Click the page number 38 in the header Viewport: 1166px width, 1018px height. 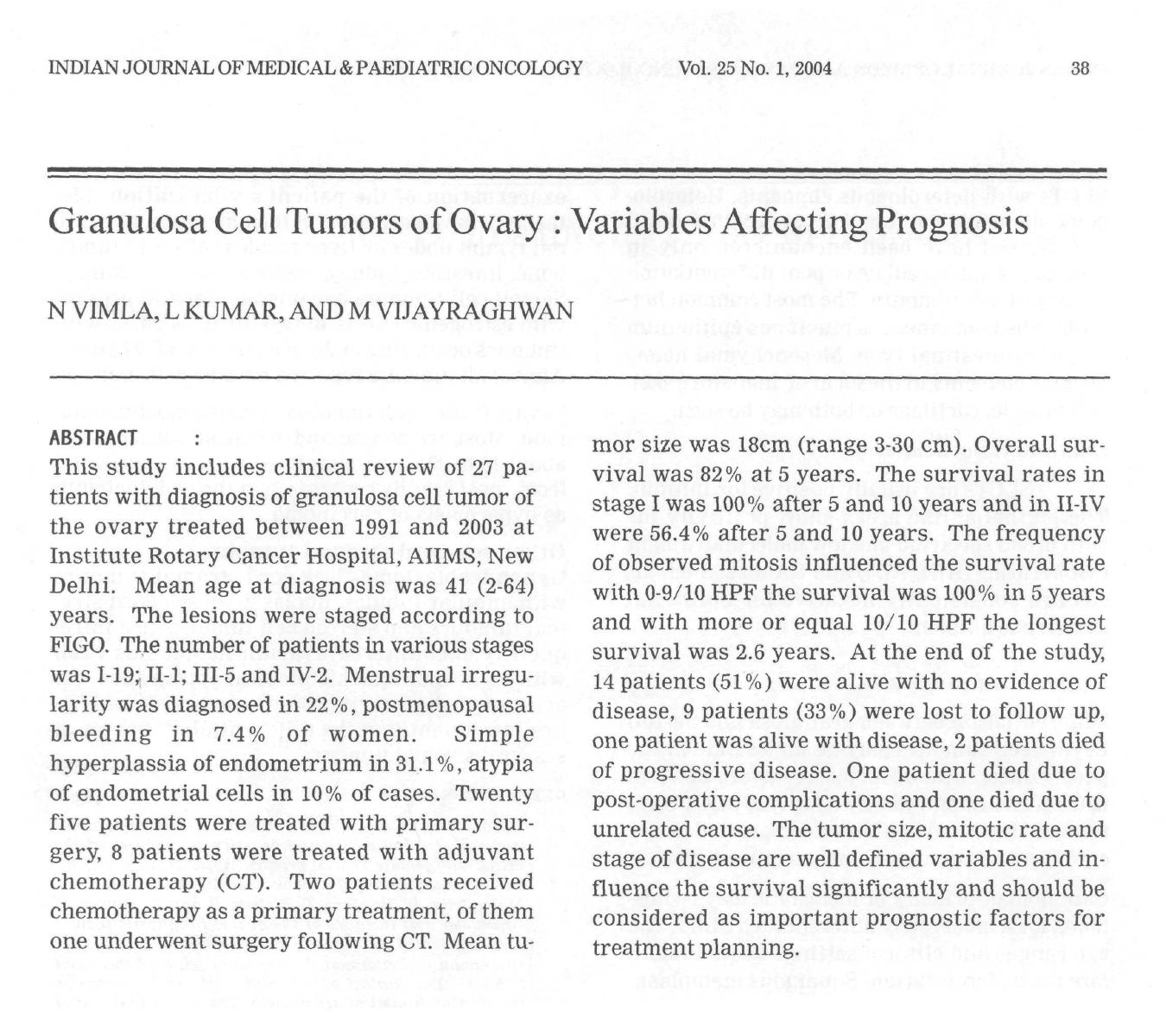pos(1080,68)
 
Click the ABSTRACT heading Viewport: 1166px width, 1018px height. pos(93,439)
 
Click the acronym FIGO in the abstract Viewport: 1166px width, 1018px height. pos(79,645)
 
